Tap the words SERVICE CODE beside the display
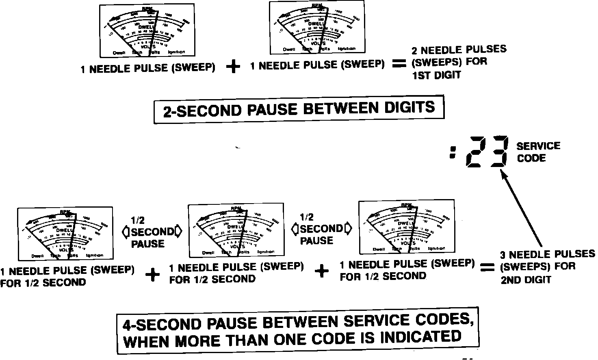[x=538, y=152]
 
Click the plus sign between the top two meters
[x=233, y=67]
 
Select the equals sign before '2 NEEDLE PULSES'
[x=399, y=64]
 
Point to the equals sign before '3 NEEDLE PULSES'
[x=487, y=267]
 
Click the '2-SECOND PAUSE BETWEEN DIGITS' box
[x=299, y=109]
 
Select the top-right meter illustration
[x=317, y=27]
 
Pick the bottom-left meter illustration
[x=65, y=234]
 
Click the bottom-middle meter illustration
[x=236, y=230]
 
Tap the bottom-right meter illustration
[x=406, y=226]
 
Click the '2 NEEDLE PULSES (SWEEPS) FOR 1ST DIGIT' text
[x=459, y=62]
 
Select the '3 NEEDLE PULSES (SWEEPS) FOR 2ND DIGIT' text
[x=547, y=267]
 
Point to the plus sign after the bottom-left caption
[x=153, y=275]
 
